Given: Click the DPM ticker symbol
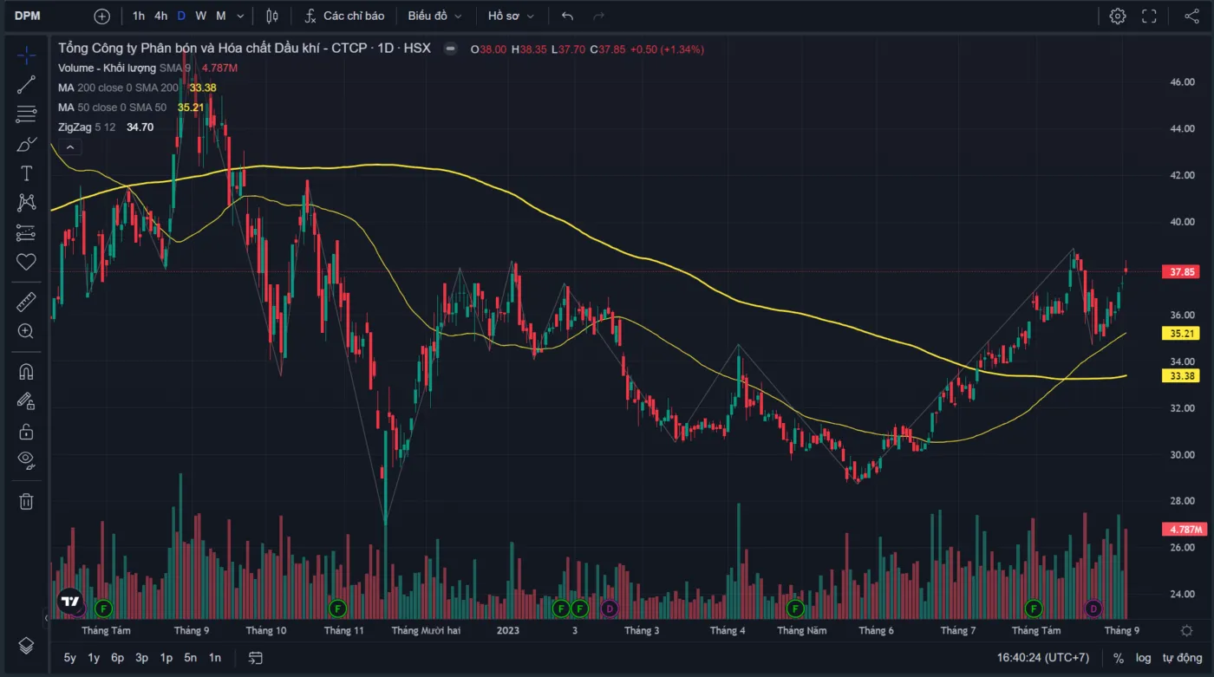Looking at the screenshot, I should (28, 16).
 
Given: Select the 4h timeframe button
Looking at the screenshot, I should (161, 16).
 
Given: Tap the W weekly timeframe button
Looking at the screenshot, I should (201, 16).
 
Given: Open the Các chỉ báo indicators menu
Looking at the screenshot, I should (345, 16).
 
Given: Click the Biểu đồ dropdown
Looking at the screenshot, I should (434, 16).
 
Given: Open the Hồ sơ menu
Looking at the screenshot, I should (511, 16).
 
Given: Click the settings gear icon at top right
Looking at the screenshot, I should (1118, 16).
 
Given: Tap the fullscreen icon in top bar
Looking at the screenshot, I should (1150, 16).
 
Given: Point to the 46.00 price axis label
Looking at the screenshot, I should (1183, 82).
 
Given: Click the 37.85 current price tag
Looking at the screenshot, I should (1183, 272).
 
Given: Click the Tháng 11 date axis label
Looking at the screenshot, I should (344, 630).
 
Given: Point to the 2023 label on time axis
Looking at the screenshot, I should (507, 630).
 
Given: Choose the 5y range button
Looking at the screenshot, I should (70, 658).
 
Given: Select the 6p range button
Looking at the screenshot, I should (118, 658).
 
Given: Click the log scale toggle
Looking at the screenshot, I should (1144, 658).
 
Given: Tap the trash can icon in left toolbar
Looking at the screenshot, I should (26, 501).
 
